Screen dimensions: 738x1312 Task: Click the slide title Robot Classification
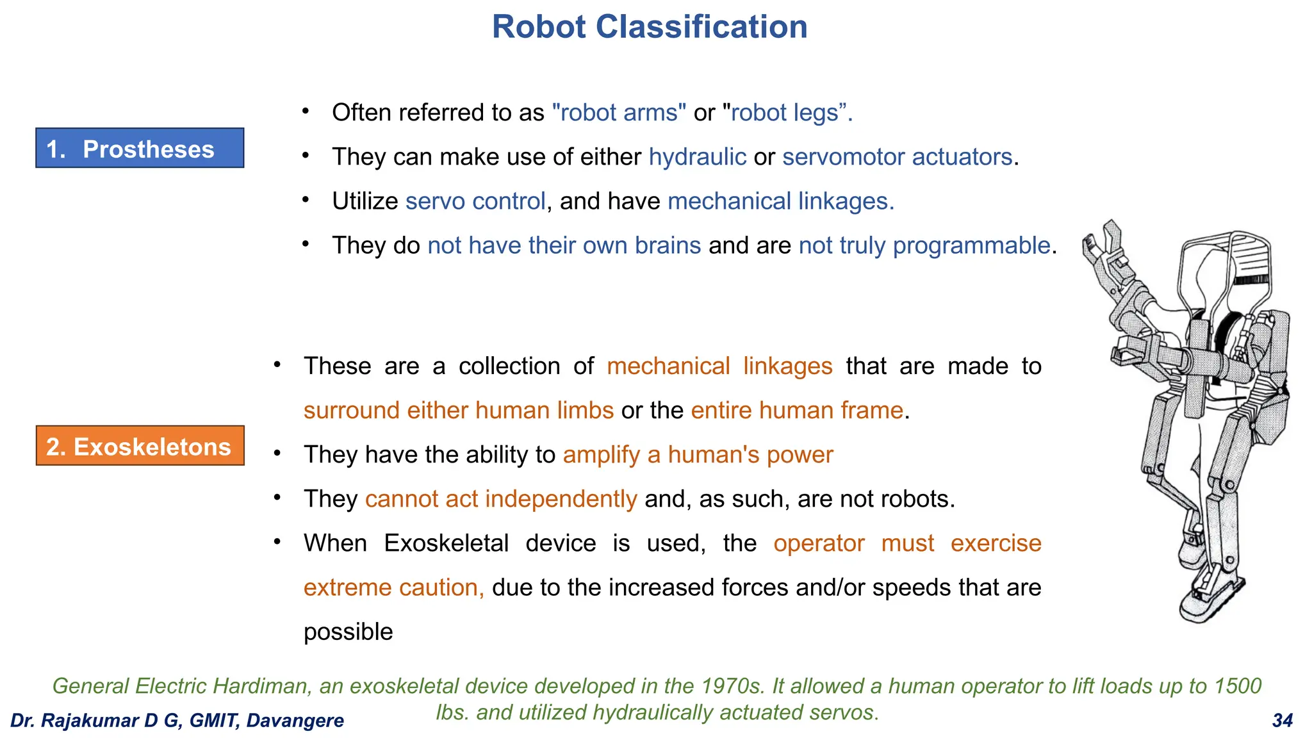[x=649, y=28]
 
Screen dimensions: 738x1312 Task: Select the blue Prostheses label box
[x=140, y=149]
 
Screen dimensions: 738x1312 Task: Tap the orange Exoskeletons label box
[x=140, y=446]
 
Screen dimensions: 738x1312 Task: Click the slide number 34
[x=1282, y=721]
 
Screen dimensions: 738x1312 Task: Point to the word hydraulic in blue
[x=697, y=157]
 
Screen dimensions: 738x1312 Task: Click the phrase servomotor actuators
[x=897, y=157]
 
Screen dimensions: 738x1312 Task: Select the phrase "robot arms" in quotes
[x=619, y=113]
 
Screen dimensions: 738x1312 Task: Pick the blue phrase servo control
[x=475, y=201]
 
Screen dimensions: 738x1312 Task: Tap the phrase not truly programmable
[x=924, y=245]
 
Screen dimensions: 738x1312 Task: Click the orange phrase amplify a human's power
[x=698, y=455]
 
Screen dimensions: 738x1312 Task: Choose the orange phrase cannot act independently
[x=501, y=499]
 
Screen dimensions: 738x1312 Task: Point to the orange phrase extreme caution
[x=393, y=587]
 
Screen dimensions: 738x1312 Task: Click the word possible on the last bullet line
[x=348, y=632]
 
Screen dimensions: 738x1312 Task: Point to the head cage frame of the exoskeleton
[x=1224, y=269]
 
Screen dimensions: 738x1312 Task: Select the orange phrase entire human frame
[x=797, y=411]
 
